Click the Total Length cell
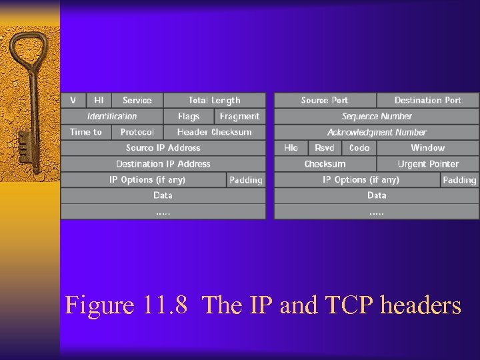coord(214,101)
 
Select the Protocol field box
coord(137,132)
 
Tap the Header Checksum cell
coord(214,132)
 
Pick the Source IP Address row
coord(163,148)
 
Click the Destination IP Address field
coord(163,164)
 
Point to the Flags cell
coord(189,116)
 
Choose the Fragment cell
coord(239,116)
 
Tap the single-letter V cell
coord(73,101)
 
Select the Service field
coord(137,101)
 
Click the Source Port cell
coord(325,101)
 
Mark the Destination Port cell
coord(427,101)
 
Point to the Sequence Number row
coord(377,116)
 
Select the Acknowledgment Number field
coord(377,132)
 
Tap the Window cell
coord(427,148)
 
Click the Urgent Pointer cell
coord(428,164)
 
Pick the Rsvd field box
coord(325,148)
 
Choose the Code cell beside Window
coord(359,148)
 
